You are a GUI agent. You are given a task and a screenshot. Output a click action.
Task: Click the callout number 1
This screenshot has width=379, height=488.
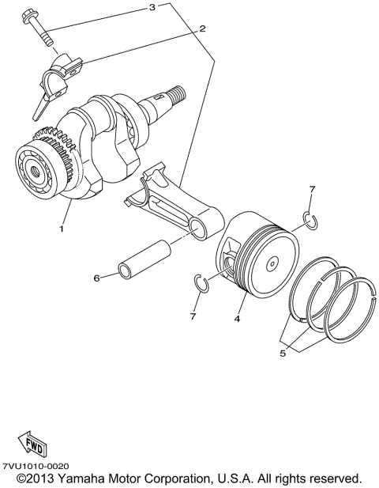pyautogui.click(x=60, y=229)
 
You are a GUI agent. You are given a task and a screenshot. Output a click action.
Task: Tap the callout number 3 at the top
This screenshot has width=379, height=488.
pyautogui.click(x=152, y=8)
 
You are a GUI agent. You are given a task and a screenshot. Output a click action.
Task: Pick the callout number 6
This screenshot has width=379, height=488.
pyautogui.click(x=96, y=278)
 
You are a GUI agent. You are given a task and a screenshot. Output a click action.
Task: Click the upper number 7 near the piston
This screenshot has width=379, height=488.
pyautogui.click(x=312, y=190)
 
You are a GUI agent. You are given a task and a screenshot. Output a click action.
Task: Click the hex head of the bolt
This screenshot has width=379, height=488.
pyautogui.click(x=34, y=15)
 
